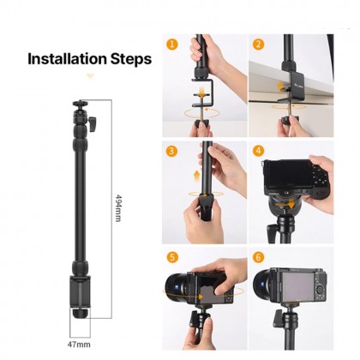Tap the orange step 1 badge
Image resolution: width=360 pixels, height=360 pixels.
pos(172,43)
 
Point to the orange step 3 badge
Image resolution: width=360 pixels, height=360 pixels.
pos(172,151)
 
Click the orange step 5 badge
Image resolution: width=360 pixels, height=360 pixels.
pos(172,256)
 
